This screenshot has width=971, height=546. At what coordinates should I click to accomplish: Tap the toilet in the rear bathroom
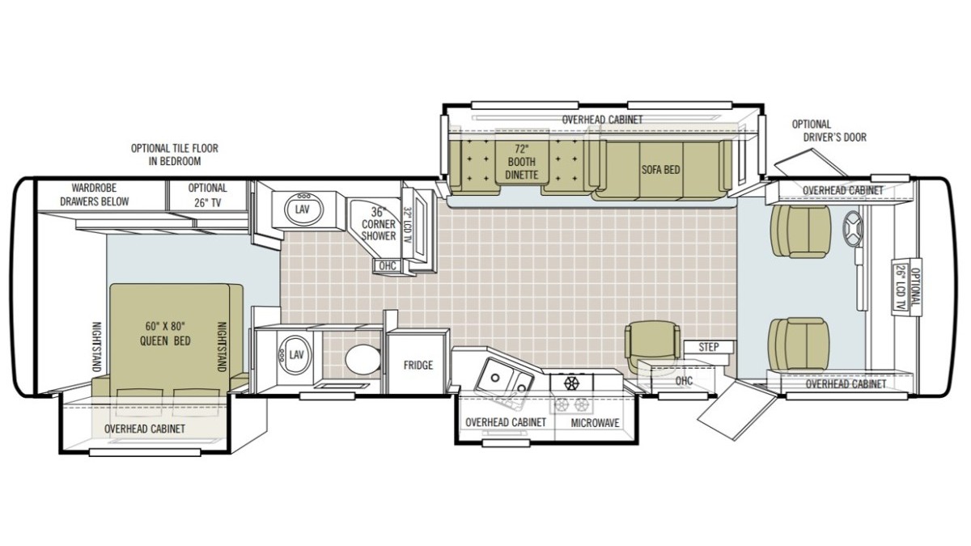click(363, 360)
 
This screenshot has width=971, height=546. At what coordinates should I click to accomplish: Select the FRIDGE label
click(418, 365)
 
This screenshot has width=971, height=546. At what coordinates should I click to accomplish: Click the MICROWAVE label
click(595, 423)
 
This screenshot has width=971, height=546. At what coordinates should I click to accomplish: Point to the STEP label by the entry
click(708, 347)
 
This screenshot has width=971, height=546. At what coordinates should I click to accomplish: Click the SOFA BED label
click(660, 169)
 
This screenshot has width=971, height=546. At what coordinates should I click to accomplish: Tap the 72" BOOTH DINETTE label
click(521, 162)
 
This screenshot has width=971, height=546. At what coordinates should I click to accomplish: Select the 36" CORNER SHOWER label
click(379, 224)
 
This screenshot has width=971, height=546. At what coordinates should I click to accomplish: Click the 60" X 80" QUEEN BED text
click(165, 333)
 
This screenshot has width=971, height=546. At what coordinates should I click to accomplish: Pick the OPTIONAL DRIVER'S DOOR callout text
click(829, 131)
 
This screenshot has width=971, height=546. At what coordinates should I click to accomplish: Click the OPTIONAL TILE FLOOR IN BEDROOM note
click(175, 154)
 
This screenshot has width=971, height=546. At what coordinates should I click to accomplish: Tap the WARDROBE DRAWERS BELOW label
click(94, 195)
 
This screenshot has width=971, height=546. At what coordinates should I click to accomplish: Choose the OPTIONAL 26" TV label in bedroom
click(207, 195)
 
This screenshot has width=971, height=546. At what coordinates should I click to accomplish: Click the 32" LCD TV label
click(407, 230)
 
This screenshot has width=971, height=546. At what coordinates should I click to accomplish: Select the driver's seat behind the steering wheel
click(799, 231)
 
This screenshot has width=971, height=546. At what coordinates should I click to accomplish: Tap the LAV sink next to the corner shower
click(303, 210)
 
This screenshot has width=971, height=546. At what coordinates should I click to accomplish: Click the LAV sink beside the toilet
click(295, 355)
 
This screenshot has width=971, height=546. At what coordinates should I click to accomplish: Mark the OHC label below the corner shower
click(388, 265)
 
